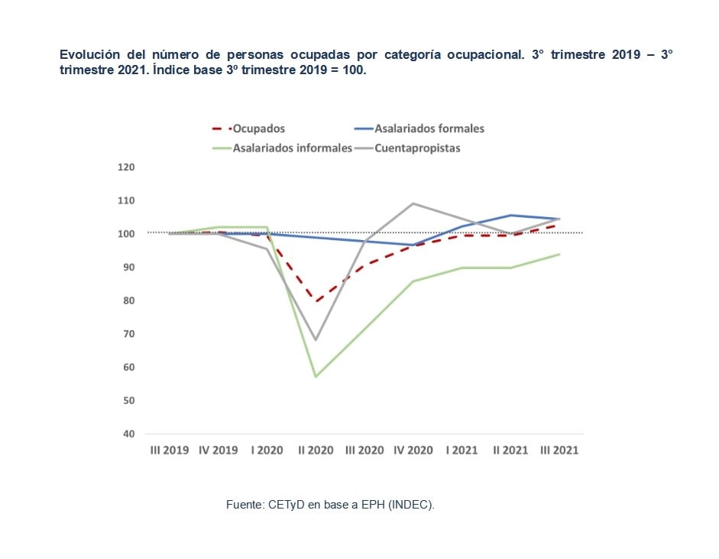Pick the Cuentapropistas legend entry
point(417,148)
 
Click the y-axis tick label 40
point(128,434)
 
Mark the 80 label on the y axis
point(128,301)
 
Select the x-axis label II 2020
point(316,450)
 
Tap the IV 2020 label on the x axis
point(413,450)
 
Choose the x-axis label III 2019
point(170,450)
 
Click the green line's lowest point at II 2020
point(316,376)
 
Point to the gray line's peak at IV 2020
point(413,203)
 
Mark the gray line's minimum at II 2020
point(316,340)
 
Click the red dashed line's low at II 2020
point(316,301)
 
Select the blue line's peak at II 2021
point(510,215)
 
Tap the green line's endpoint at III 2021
point(559,254)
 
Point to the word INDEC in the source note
point(413,505)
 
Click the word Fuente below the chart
point(244,505)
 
